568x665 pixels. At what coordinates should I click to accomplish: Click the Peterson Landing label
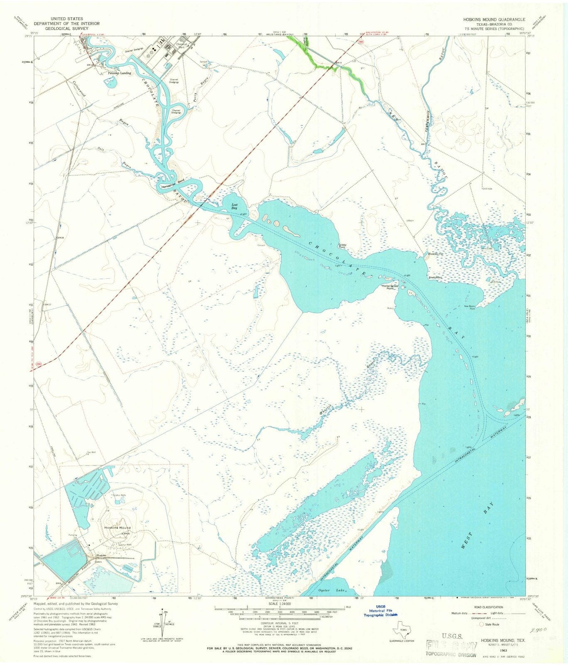point(120,73)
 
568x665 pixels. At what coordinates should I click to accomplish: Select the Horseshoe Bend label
point(172,187)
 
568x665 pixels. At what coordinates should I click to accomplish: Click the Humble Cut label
point(430,254)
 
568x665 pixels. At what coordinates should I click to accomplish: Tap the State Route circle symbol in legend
point(482,624)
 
